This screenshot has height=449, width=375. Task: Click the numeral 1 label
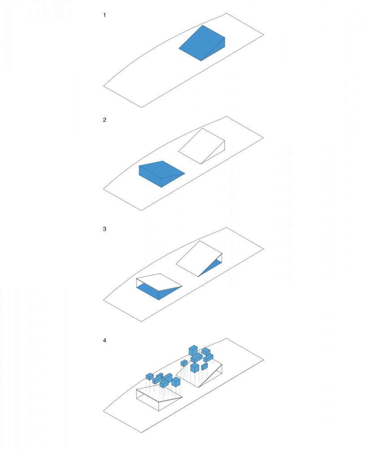point(105,15)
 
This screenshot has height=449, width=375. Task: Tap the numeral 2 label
point(105,120)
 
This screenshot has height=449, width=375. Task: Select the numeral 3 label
point(105,229)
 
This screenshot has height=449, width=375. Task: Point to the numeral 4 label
point(105,340)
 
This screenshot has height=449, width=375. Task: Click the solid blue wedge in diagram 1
point(202,43)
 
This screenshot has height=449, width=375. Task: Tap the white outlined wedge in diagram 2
point(202,146)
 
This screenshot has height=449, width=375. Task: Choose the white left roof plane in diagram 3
point(159,282)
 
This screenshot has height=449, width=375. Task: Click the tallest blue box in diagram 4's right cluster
point(193,350)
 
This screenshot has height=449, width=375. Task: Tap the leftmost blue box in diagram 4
point(150,376)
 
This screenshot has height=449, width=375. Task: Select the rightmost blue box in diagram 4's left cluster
point(176,381)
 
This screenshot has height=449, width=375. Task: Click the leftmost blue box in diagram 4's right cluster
point(184,363)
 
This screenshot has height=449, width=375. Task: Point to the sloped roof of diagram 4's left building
point(159,394)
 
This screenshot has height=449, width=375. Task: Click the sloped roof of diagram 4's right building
point(199,371)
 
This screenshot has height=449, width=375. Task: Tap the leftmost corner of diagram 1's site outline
point(104,86)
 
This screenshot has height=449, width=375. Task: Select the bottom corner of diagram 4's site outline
point(141,432)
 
